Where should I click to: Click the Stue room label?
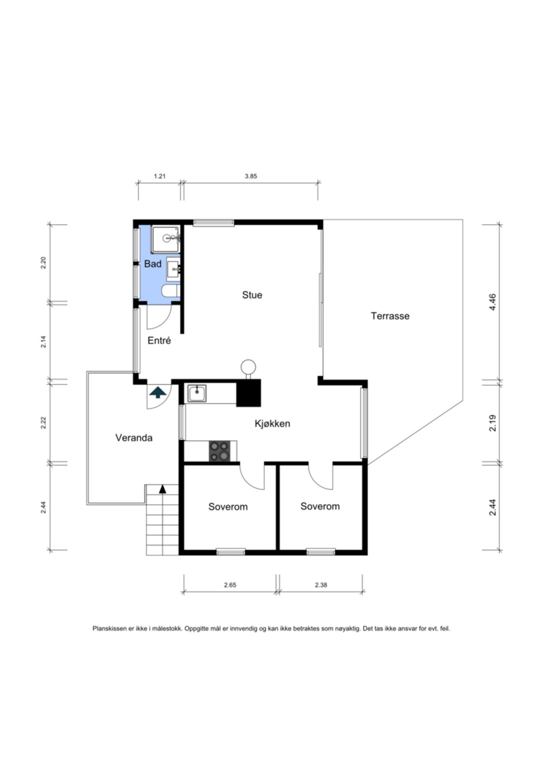click(x=252, y=295)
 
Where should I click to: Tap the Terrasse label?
click(x=390, y=316)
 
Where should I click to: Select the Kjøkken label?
click(x=273, y=423)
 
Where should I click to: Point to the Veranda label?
click(x=134, y=438)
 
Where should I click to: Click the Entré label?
click(x=159, y=340)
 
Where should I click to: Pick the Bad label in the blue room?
click(x=153, y=264)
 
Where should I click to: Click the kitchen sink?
click(x=197, y=393)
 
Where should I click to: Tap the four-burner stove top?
click(x=219, y=451)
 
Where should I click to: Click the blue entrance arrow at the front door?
click(x=158, y=392)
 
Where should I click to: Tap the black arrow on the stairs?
click(x=162, y=489)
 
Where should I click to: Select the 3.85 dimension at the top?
click(x=251, y=176)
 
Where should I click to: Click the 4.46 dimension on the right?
click(x=492, y=302)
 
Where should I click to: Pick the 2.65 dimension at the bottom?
click(x=230, y=585)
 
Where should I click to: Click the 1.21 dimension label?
click(x=159, y=176)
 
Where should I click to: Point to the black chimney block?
click(x=249, y=393)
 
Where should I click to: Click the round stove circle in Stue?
click(x=248, y=367)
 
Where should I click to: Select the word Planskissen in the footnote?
click(x=110, y=628)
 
